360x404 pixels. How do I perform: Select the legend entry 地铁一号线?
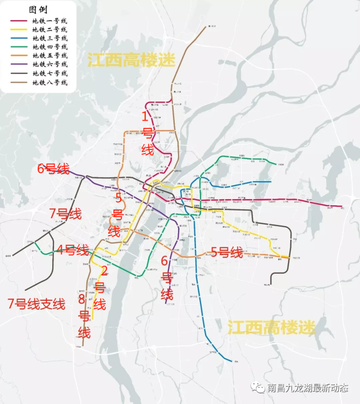[x=49, y=21]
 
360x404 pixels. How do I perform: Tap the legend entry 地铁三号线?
[x=49, y=38]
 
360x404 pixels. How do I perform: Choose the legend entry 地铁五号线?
[x=49, y=56]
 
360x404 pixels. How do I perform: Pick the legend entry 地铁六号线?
[x=49, y=65]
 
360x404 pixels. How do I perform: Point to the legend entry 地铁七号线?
[x=49, y=74]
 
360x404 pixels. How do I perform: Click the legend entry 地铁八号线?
[x=49, y=82]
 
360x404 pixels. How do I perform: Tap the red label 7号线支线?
[x=36, y=304]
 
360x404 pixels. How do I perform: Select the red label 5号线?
[x=226, y=252]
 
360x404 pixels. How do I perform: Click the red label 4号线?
[x=72, y=250]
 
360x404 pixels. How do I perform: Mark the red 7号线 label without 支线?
[x=65, y=214]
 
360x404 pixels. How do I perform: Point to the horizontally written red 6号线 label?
[x=53, y=168]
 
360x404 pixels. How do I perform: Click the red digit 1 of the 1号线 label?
[x=145, y=117]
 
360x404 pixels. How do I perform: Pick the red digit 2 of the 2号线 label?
[x=103, y=270]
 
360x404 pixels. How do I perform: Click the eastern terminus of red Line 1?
[x=342, y=207]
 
